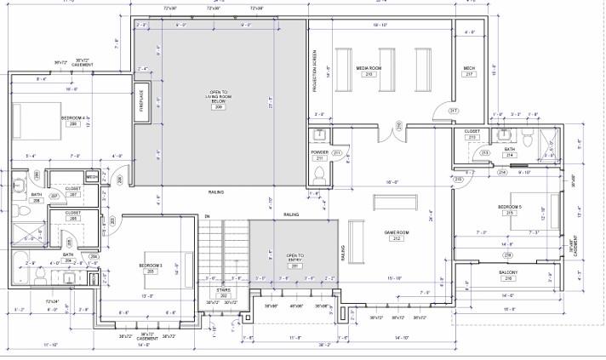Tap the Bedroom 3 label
[x=151, y=266]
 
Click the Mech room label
[x=469, y=69]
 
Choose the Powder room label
[x=320, y=153]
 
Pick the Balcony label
[x=508, y=273]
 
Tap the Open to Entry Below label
[x=294, y=258]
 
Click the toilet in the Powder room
[x=318, y=174]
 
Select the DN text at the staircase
[x=206, y=217]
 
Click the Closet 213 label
[x=472, y=133]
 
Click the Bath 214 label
[x=510, y=151]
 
